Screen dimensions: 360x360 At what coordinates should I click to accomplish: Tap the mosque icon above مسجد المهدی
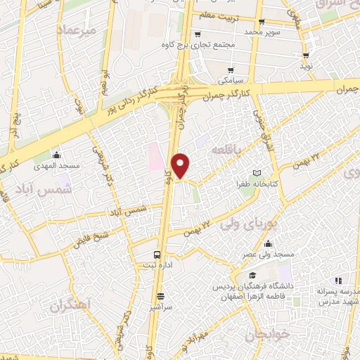point(57,155)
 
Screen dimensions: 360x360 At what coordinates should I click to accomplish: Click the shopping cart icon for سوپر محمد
point(262,22)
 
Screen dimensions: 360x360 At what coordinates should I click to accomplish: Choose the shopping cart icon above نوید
point(305,56)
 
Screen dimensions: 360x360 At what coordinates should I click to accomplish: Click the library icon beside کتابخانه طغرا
point(257,173)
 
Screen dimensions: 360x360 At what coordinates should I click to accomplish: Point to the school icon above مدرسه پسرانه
point(338,281)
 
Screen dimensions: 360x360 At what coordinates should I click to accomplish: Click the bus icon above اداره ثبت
point(157,254)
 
